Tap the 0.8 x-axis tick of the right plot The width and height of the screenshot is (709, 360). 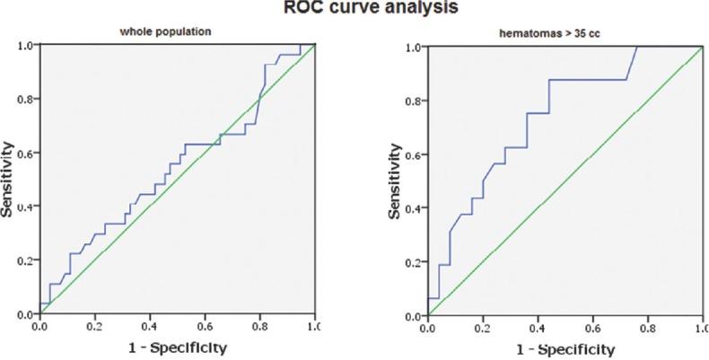(646, 329)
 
